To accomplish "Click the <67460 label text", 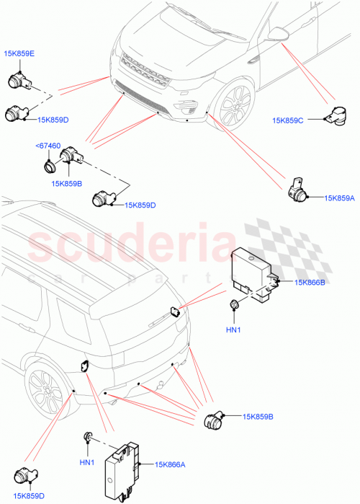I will (x=48, y=146).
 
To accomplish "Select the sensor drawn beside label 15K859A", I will (x=298, y=190).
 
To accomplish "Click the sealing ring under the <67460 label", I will (x=48, y=164).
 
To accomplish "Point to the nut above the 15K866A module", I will (x=89, y=436).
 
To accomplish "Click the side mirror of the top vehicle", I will (x=276, y=34).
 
